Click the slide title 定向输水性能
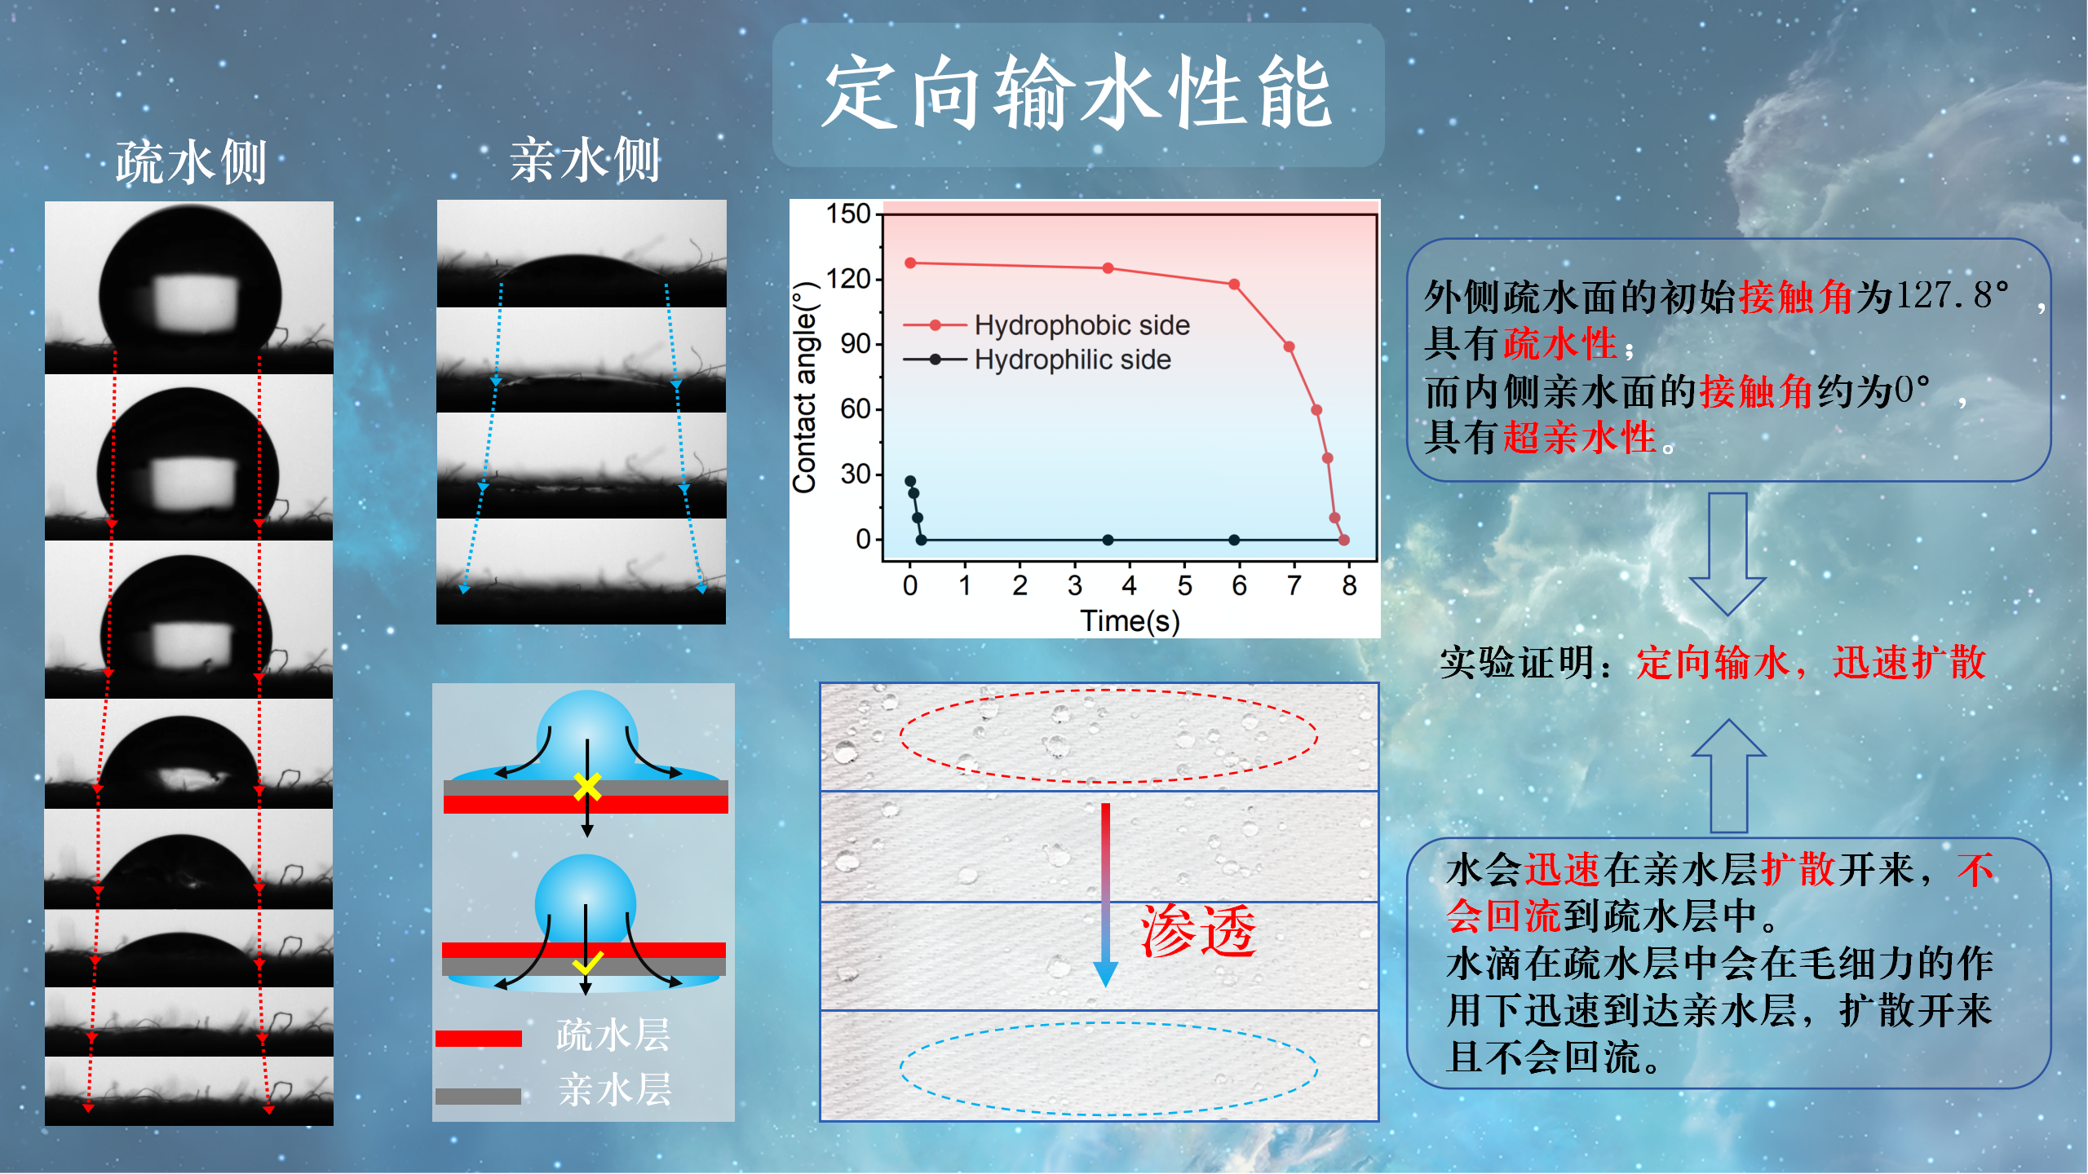1077,94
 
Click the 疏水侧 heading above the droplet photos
191,162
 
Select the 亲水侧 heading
585,160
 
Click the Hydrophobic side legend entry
1046,325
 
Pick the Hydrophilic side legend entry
1037,360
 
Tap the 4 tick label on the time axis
1130,585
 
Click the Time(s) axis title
1130,621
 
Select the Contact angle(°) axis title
805,387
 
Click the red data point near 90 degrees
1290,346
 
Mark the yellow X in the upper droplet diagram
587,787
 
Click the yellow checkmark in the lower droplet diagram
587,963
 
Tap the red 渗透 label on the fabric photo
1198,930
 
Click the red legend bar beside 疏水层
479,1038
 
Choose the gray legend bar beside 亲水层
479,1097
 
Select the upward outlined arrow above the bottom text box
1728,775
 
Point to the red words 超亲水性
1580,438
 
